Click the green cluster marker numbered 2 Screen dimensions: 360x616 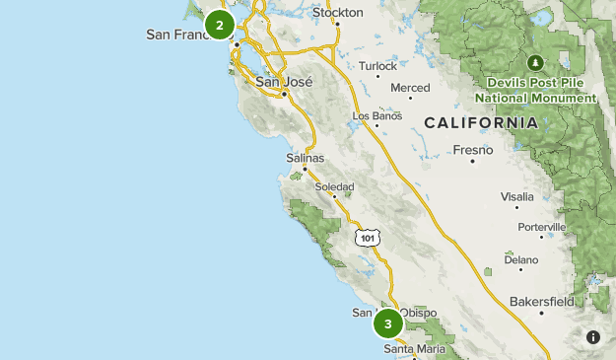tap(220, 24)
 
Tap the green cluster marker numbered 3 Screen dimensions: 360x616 tap(388, 324)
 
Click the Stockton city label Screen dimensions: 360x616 tap(337, 13)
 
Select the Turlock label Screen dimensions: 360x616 tap(377, 66)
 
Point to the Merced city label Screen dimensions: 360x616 tap(410, 88)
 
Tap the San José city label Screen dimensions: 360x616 tap(284, 83)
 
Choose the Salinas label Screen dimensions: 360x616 tap(305, 158)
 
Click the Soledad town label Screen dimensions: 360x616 tap(334, 186)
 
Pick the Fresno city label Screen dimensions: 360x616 tap(472, 150)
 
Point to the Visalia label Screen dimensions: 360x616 tap(516, 196)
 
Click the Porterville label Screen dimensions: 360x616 tap(541, 227)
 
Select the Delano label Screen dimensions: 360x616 tap(521, 260)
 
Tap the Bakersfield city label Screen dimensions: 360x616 tap(542, 301)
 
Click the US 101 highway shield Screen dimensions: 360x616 tap(368, 238)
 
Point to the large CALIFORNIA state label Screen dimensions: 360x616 tap(481, 123)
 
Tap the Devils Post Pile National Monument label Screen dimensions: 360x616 tap(535, 90)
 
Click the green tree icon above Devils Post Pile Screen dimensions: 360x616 tap(535, 61)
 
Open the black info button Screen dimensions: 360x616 tap(593, 337)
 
